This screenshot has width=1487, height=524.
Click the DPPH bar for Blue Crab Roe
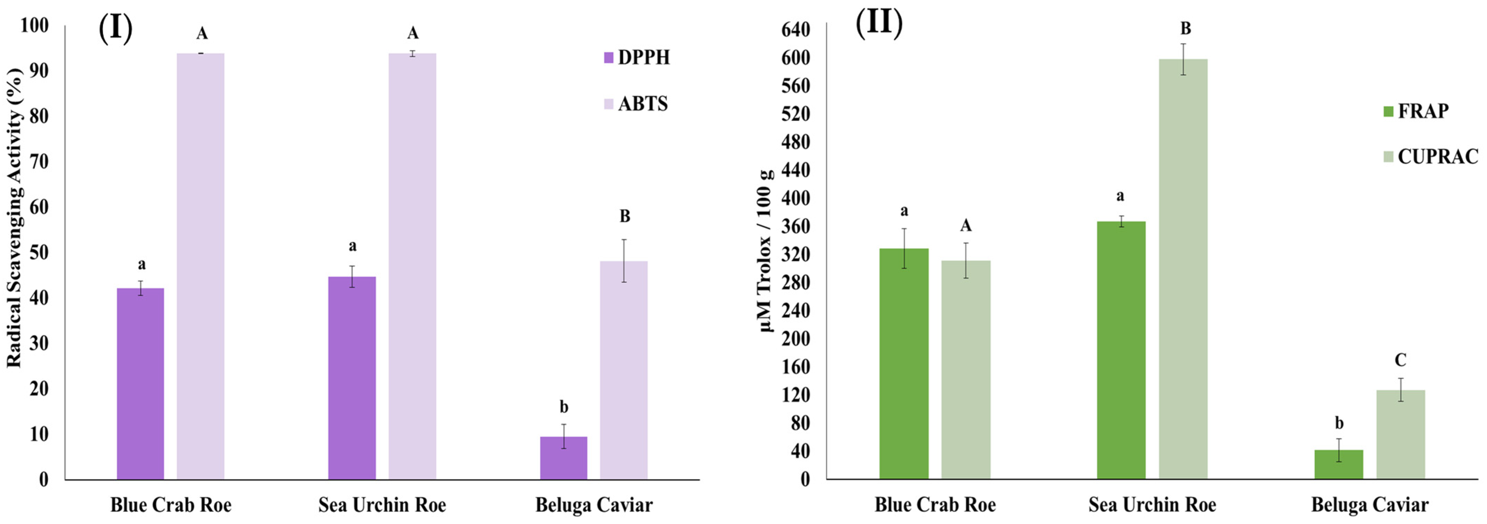(x=140, y=384)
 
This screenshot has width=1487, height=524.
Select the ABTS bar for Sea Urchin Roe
(x=412, y=266)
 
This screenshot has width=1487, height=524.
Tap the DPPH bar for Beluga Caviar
(x=563, y=458)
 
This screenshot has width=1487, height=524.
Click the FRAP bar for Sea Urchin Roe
(x=1121, y=350)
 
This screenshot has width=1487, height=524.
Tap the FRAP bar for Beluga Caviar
(x=1339, y=465)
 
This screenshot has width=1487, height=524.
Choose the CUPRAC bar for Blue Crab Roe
(x=966, y=370)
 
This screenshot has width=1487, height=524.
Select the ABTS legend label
(x=643, y=104)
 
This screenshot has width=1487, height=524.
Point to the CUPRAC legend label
(x=1437, y=156)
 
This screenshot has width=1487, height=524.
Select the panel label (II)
(x=879, y=23)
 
